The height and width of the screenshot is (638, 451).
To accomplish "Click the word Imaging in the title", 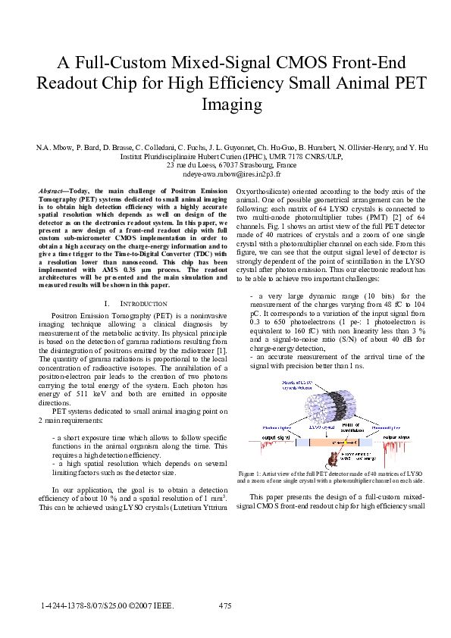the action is click(x=225, y=103).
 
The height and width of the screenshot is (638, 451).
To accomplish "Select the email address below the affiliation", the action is click(x=225, y=173).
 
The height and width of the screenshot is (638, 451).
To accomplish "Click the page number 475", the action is click(x=224, y=605).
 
